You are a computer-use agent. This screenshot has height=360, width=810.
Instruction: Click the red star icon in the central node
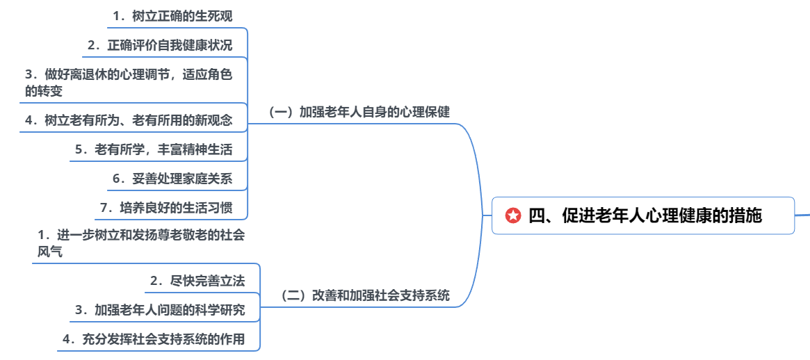point(513,216)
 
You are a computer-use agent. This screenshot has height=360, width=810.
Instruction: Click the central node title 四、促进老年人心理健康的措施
point(645,216)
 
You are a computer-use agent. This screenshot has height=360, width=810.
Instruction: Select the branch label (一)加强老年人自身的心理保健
point(359,112)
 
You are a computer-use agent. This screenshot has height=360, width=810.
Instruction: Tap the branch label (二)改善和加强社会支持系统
point(364,295)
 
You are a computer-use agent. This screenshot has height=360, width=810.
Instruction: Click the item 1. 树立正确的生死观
point(173,16)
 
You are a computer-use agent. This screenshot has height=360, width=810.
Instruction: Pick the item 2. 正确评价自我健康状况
point(160,45)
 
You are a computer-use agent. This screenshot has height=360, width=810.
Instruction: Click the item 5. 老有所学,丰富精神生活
point(154,149)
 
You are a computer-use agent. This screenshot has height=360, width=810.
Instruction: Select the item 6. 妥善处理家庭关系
point(172,179)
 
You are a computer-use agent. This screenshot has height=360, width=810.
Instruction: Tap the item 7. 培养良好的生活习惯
point(166,208)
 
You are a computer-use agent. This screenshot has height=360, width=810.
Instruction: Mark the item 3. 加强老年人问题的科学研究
point(161,310)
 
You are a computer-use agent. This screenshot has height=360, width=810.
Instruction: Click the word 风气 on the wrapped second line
point(50,252)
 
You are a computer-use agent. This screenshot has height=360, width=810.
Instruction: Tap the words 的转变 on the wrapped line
point(44,91)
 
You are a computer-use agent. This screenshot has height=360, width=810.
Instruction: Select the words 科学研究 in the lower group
point(220,310)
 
